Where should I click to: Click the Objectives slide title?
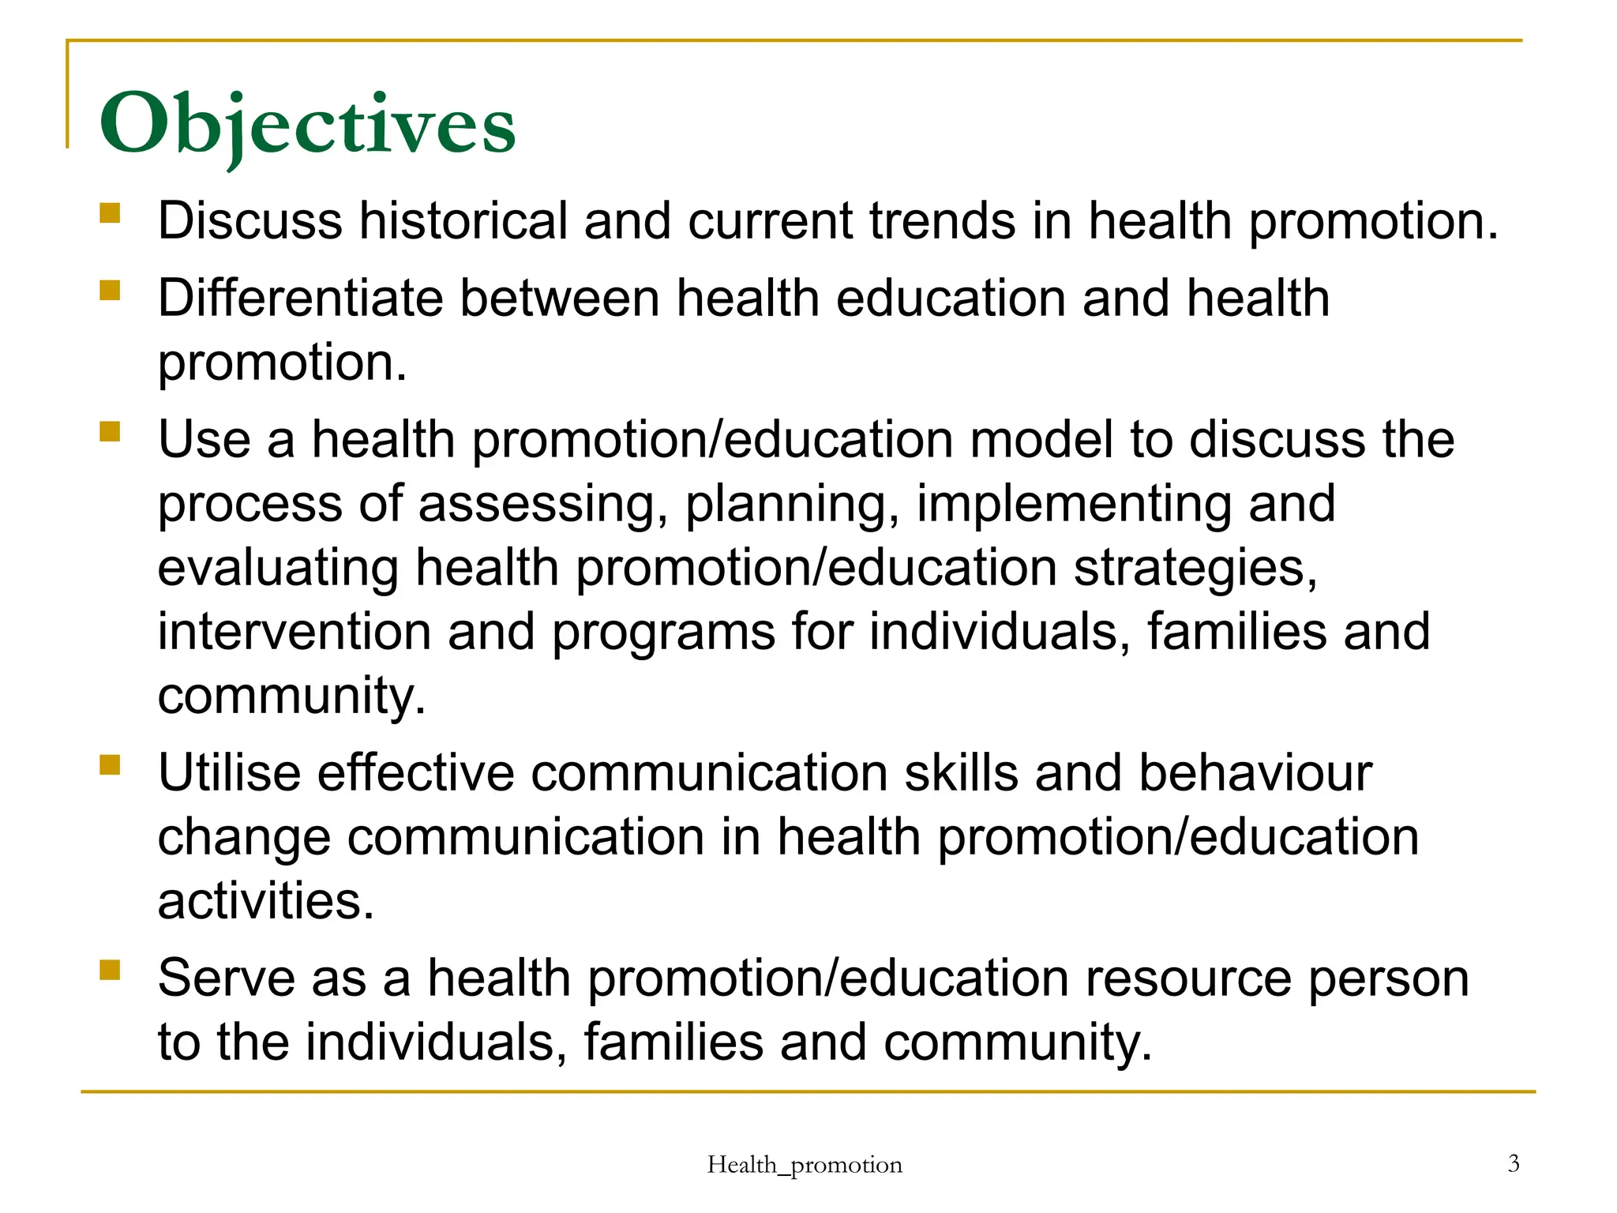307,125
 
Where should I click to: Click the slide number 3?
1513,1163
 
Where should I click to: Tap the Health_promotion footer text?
804,1165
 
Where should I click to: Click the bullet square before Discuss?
110,213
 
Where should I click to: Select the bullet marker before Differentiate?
110,291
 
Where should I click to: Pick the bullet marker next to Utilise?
110,764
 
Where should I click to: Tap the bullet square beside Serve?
110,970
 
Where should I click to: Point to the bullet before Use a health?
110,431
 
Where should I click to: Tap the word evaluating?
278,569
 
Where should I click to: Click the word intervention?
294,632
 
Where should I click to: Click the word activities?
265,901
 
